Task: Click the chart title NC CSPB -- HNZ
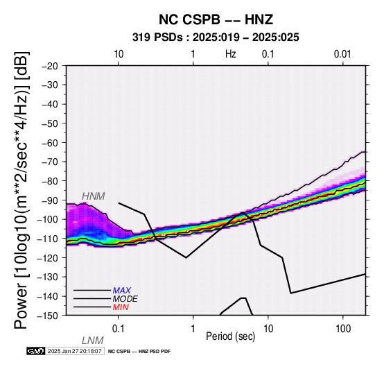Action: tap(216, 19)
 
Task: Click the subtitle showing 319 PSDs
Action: tap(216, 37)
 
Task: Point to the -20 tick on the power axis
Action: tap(50, 66)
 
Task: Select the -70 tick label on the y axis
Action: tap(50, 162)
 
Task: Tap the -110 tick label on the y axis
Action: tap(48, 239)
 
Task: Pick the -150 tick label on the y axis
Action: tap(48, 316)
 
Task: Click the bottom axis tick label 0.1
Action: tap(119, 329)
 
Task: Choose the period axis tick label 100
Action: tap(343, 329)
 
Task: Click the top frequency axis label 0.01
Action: tap(342, 54)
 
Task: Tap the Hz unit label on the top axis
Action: tap(231, 54)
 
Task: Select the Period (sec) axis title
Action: tap(231, 336)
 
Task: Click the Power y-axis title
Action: tap(22, 190)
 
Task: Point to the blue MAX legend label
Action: tap(122, 291)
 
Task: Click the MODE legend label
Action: tap(125, 299)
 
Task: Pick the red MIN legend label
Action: tap(121, 307)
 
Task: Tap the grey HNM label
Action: tap(94, 196)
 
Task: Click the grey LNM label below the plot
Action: tap(93, 341)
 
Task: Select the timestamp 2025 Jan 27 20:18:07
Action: tap(75, 351)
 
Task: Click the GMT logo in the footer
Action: tap(36, 351)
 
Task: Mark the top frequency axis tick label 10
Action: tap(119, 54)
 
